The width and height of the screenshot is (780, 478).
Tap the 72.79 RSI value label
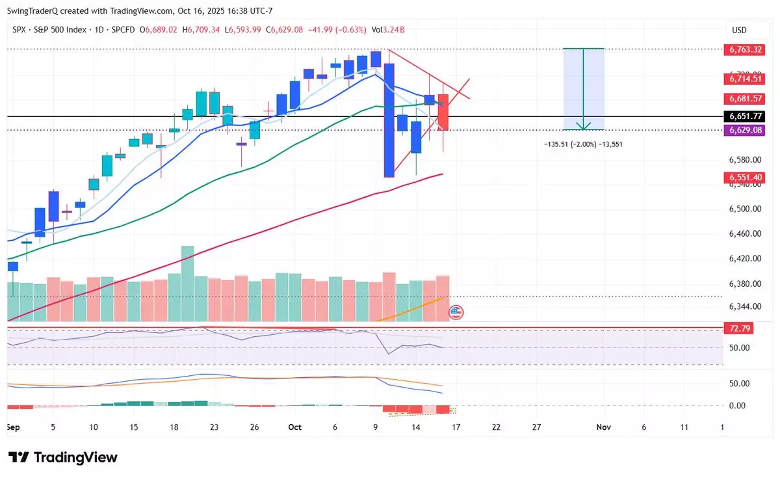point(738,328)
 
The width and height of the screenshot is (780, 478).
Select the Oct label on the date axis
point(295,427)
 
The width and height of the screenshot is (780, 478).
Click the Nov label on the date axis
point(604,427)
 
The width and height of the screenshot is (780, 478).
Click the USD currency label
point(739,30)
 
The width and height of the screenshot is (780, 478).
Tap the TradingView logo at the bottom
point(62,457)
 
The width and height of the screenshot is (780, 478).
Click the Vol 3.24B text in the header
point(388,30)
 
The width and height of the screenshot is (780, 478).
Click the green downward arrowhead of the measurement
point(584,127)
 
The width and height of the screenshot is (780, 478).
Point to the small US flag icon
point(456,313)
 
